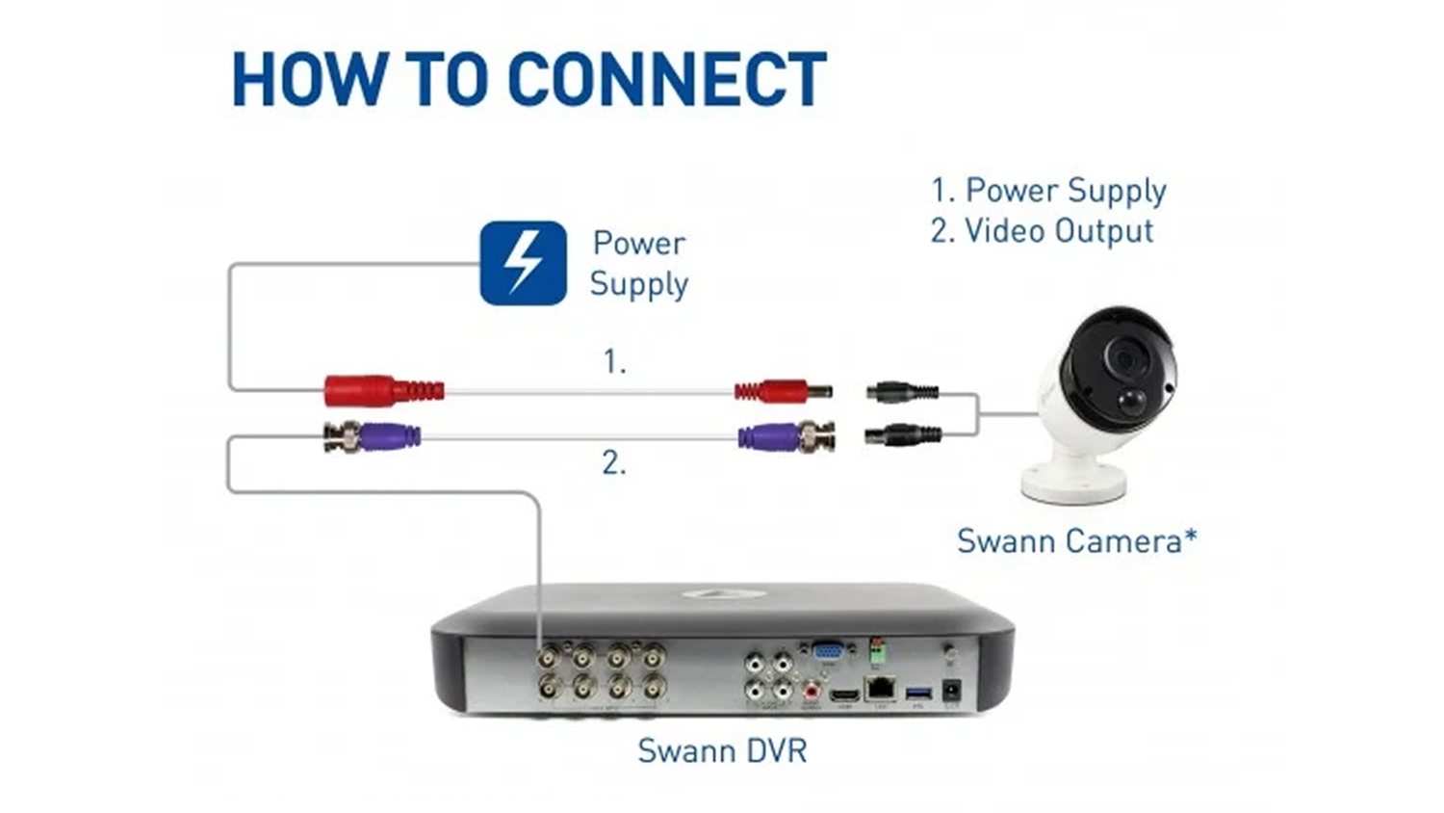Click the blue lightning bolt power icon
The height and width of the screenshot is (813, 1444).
pos(523,263)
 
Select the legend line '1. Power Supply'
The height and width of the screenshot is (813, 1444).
pos(1047,191)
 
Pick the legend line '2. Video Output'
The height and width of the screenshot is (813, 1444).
pos(1042,231)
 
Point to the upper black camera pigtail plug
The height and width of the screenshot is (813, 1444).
pos(902,391)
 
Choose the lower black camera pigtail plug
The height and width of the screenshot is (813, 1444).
pos(902,434)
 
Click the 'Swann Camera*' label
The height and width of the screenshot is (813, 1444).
pos(1076,541)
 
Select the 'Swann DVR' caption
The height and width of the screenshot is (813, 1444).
pos(722,750)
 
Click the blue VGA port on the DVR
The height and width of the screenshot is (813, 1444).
pos(827,652)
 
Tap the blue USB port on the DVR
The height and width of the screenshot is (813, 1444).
pos(917,691)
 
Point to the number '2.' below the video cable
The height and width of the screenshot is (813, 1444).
pos(614,463)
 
